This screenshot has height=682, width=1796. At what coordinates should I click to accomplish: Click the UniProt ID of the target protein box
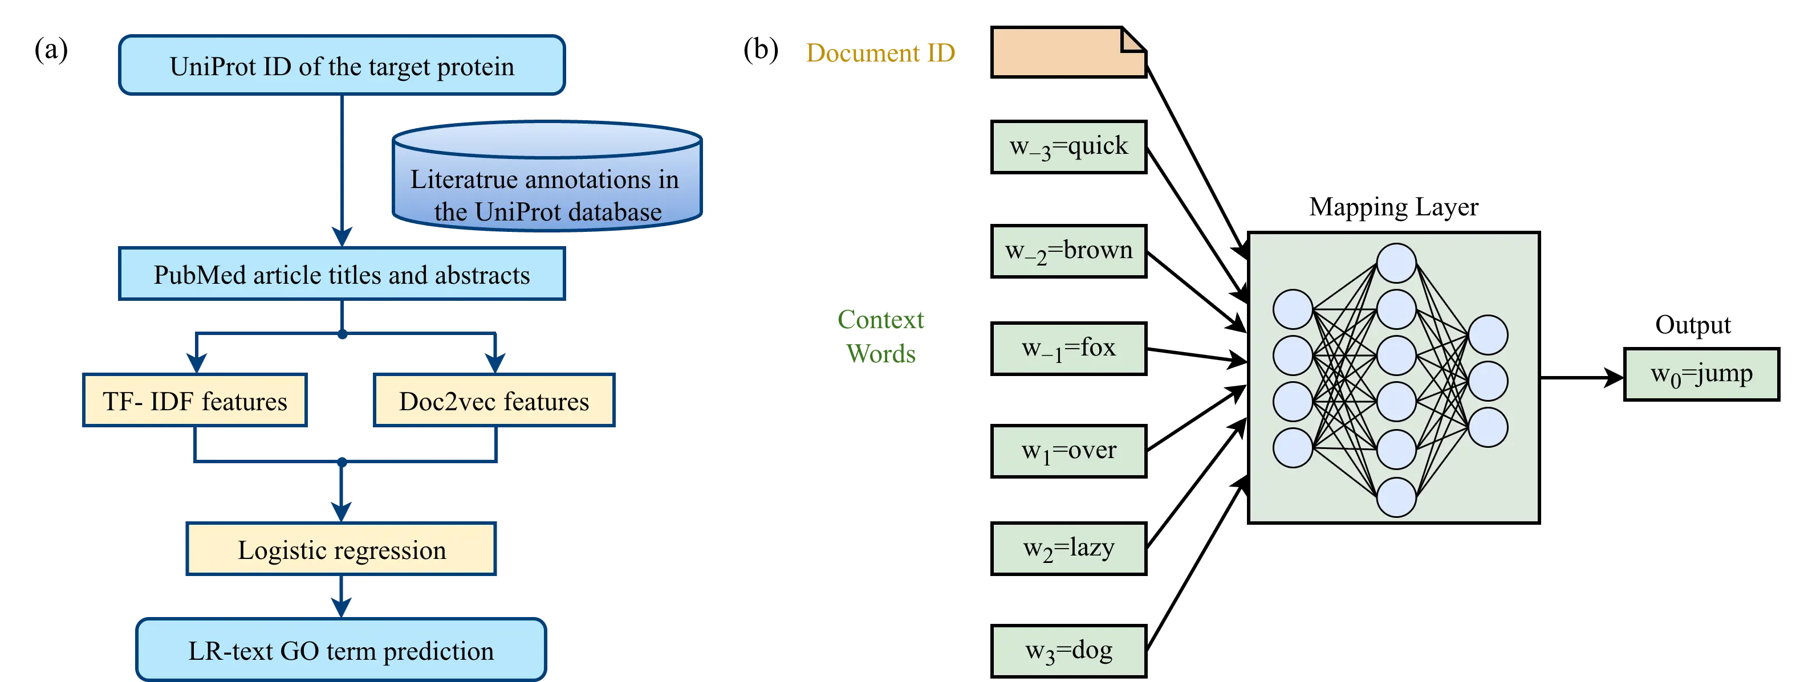coord(342,66)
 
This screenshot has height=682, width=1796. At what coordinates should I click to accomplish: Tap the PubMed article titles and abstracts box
coord(342,275)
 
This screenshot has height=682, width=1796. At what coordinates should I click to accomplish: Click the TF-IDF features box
coord(194,401)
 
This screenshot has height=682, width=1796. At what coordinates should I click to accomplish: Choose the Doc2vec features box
coord(494,401)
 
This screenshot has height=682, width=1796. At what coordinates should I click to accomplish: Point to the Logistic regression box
coord(341,550)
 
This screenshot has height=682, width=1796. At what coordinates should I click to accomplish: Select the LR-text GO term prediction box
coord(341,650)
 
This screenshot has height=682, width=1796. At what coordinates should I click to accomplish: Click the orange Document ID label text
coord(880,53)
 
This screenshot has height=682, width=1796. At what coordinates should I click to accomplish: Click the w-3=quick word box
coord(1068,147)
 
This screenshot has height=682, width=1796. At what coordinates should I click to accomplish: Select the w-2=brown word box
coord(1068,251)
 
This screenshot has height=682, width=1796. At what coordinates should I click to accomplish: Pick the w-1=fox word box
coord(1068,348)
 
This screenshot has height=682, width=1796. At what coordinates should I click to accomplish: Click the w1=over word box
coord(1068,451)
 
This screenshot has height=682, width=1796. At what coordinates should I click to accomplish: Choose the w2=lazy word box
coord(1068,549)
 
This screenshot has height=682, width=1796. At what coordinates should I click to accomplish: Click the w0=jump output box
coord(1701,375)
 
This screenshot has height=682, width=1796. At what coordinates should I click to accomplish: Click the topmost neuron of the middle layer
coord(1396,263)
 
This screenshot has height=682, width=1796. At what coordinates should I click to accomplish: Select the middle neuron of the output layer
coord(1488,381)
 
